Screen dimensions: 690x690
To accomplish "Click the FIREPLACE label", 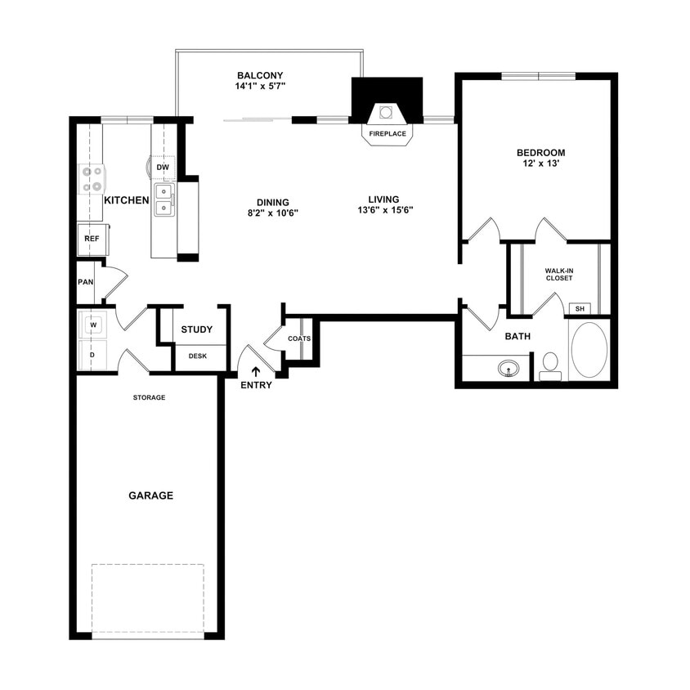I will coord(388,133).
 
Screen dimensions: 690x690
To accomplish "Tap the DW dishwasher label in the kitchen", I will coord(163,168).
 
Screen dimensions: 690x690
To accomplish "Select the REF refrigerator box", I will coord(92,239).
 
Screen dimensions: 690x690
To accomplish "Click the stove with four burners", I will coord(91,179).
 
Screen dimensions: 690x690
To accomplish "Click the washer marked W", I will coord(92,325).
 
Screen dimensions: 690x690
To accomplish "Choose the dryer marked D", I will coord(92,355).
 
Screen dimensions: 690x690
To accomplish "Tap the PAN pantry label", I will coord(85,282).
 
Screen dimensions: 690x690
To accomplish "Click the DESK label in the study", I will coord(197,356).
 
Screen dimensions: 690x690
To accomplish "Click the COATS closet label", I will coord(298,338).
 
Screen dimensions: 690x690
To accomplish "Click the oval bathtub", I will coord(589,350).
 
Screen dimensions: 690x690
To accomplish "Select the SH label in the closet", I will coord(580,308).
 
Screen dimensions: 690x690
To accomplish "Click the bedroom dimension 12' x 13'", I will coord(540,164).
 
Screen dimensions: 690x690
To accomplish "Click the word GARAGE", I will coord(150,495).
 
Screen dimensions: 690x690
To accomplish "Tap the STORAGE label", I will coord(150,397).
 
